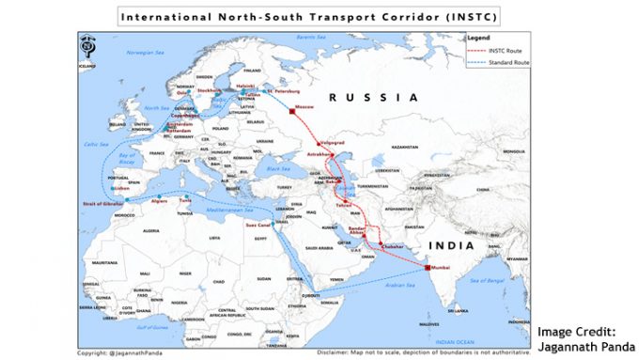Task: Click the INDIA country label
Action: click(449, 246)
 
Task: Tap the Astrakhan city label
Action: click(320, 154)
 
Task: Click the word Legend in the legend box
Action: click(478, 39)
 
